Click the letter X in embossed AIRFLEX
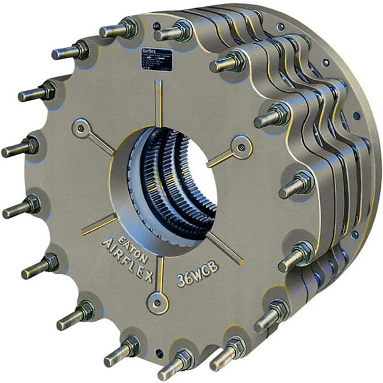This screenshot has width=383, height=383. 146,277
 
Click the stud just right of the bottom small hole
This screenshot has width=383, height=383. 179,361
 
